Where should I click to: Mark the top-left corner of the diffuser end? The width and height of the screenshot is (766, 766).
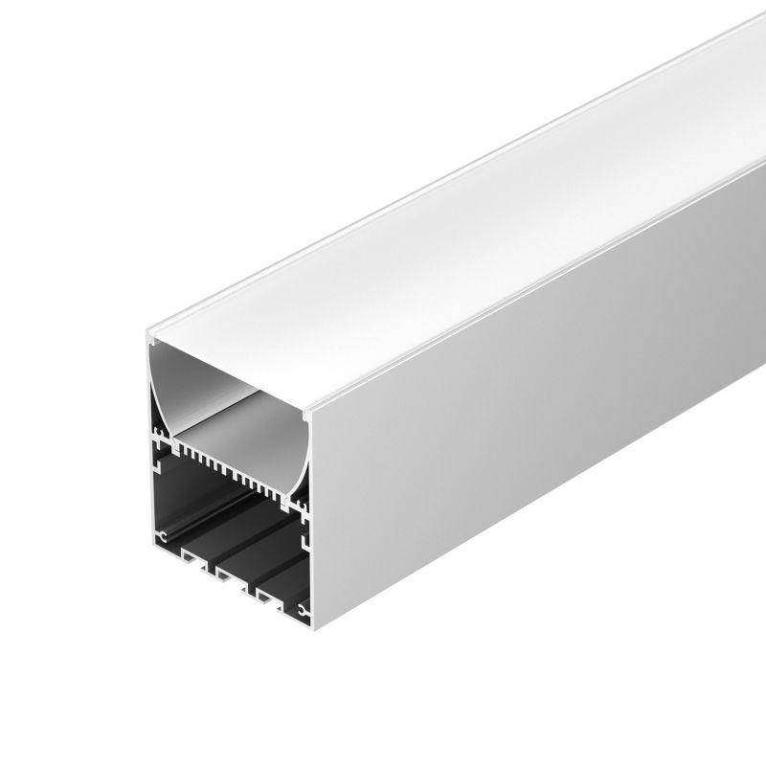[150, 338]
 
